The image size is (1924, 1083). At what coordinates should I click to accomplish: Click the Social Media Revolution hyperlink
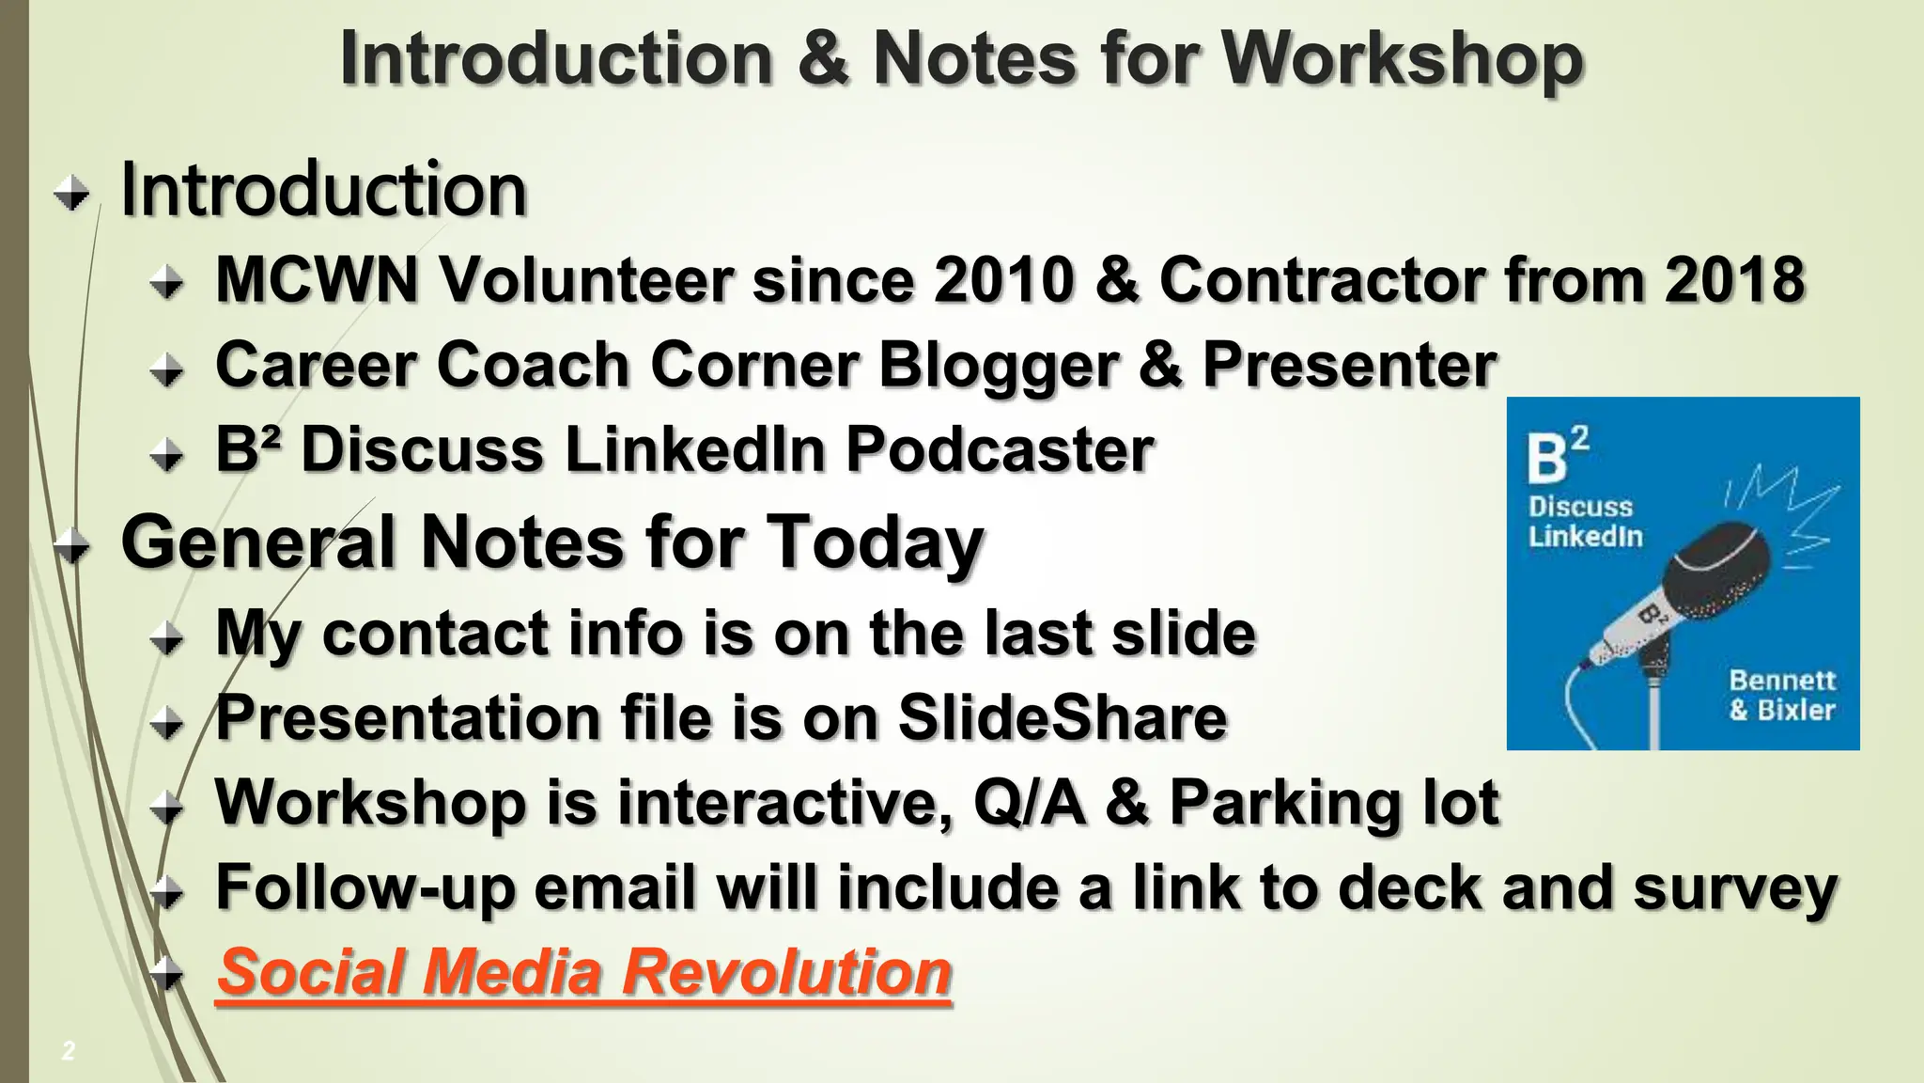(x=584, y=972)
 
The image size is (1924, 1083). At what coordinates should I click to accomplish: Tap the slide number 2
(x=68, y=1051)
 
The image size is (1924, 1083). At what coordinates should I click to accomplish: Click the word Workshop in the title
(x=1402, y=59)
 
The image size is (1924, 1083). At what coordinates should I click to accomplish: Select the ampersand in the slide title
(x=823, y=59)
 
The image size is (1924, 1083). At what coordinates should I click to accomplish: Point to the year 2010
(x=1003, y=280)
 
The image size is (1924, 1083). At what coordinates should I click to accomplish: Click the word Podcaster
(x=1000, y=449)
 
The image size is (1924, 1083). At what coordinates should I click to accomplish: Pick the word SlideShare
(x=1063, y=718)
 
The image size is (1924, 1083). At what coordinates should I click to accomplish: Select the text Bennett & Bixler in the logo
(x=1781, y=694)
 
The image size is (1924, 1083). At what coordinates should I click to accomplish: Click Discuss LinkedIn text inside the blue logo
(x=1585, y=522)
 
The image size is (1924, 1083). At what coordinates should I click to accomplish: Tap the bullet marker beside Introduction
(x=71, y=195)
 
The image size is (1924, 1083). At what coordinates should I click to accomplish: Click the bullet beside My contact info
(x=167, y=640)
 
